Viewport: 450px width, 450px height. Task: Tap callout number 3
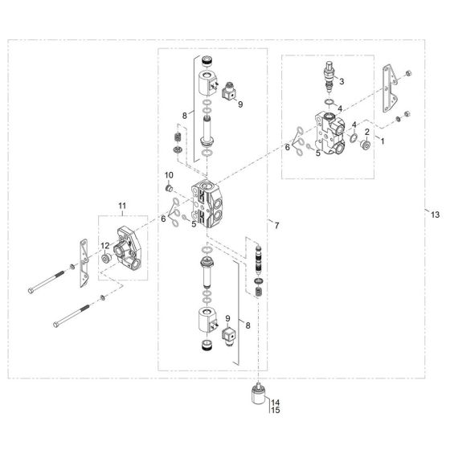(x=341, y=81)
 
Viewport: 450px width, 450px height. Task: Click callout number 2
(x=368, y=132)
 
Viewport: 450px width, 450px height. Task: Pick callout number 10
(x=169, y=174)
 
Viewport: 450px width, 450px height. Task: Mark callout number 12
(x=104, y=246)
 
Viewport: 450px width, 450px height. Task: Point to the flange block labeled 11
(x=129, y=249)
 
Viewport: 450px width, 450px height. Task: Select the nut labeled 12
(x=105, y=260)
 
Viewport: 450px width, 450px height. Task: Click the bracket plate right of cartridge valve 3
(x=391, y=88)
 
